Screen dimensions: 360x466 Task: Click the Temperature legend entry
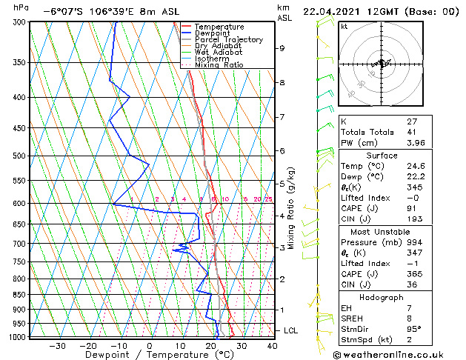(220, 27)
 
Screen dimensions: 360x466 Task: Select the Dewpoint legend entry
(215, 33)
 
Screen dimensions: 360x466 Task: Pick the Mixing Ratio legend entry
(219, 65)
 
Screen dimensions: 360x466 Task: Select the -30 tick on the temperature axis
(57, 346)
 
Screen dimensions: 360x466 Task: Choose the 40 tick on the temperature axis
(272, 346)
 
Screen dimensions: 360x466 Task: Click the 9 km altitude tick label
(282, 48)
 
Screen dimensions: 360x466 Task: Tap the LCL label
(291, 330)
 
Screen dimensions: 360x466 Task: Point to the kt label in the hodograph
(344, 26)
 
